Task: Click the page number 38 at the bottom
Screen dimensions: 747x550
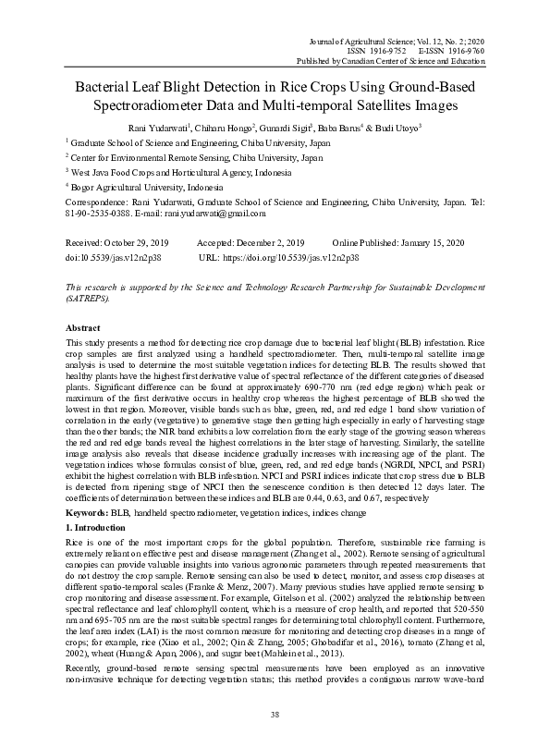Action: tap(275, 715)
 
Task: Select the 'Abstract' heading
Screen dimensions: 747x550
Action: tap(83, 328)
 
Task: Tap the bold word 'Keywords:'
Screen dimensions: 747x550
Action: tap(86, 510)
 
